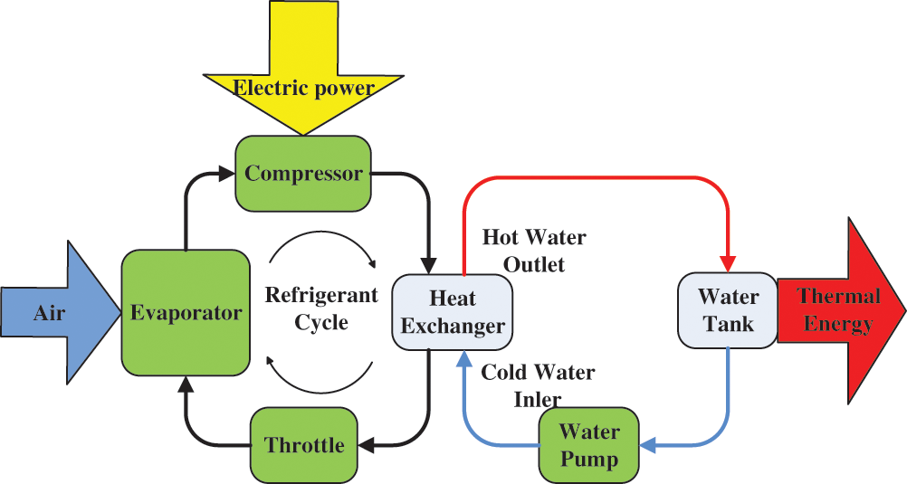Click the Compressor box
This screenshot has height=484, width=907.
[303, 172]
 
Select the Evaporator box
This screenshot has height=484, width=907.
[186, 313]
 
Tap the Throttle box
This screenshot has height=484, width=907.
[304, 444]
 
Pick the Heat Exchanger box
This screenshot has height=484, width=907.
[452, 312]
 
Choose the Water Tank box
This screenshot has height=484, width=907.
[728, 309]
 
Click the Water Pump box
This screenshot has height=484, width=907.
[588, 443]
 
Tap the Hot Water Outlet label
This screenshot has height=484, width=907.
[533, 251]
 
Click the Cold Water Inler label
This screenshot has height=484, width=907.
[538, 384]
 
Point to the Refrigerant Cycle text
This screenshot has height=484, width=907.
[320, 308]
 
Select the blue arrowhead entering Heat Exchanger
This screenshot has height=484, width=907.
[463, 359]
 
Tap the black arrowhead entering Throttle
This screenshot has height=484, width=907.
[366, 444]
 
